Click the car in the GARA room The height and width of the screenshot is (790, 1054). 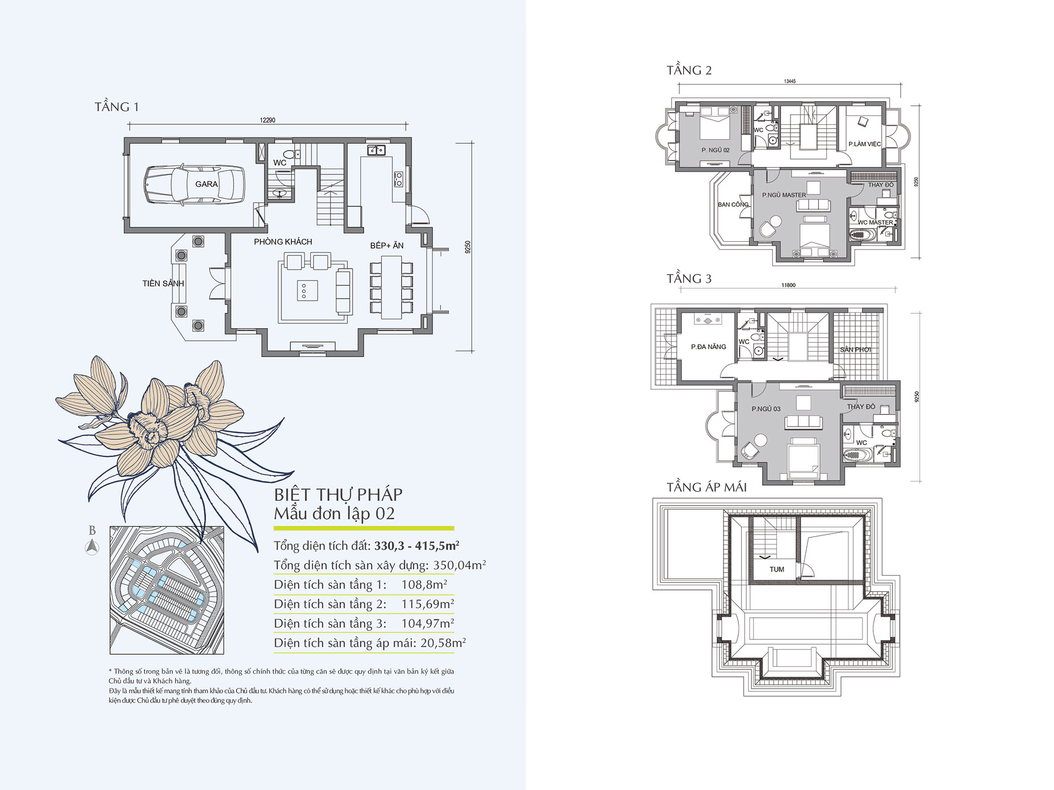pos(194,184)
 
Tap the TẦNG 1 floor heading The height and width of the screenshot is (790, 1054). pos(116,107)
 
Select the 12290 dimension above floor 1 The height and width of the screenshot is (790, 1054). pos(267,120)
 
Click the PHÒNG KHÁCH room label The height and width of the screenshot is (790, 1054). pos(283,242)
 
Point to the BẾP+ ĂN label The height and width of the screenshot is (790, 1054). pos(387,245)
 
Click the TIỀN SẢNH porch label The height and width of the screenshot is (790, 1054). pos(163,283)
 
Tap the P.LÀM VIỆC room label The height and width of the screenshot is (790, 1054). pos(864,144)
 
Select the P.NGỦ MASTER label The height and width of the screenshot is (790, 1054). pos(784,195)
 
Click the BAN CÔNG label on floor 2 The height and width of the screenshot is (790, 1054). pos(733,204)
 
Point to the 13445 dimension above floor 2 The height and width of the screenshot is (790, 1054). pos(789,81)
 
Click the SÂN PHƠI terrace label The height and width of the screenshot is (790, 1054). pos(855,349)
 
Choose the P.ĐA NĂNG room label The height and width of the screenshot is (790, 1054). pos(708,347)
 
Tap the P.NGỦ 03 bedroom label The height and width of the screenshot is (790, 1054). pos(766,409)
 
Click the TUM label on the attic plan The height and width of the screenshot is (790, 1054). pos(777,569)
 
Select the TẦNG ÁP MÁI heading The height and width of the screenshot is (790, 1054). pos(707,487)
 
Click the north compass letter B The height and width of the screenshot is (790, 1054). pos(92,530)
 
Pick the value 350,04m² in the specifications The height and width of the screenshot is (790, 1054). pos(460,565)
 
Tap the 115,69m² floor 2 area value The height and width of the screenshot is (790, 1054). pos(427,604)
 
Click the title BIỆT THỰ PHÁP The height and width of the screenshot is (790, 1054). pos(338,495)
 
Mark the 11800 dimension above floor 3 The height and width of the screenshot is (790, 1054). pos(788,285)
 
